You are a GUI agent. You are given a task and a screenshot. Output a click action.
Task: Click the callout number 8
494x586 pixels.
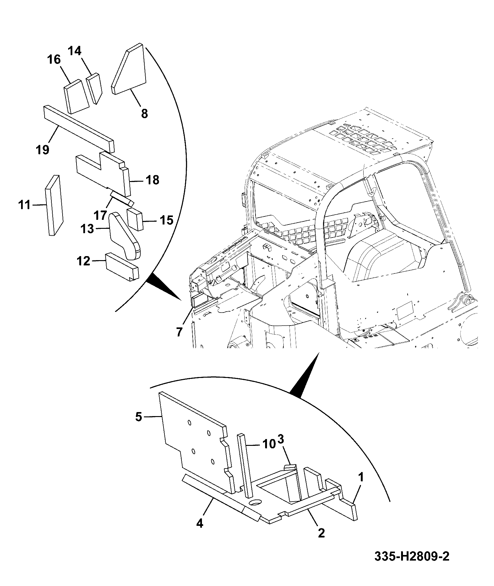[145, 113]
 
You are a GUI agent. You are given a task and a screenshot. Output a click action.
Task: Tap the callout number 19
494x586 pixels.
[43, 150]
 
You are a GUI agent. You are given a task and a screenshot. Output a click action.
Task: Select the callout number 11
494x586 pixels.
[24, 205]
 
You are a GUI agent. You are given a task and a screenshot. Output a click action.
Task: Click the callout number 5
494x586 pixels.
[138, 417]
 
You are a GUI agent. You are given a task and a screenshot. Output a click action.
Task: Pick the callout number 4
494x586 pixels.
[200, 523]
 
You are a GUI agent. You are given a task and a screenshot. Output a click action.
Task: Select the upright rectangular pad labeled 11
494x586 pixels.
[55, 205]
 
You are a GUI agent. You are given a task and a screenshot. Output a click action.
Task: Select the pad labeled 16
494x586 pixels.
[77, 97]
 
